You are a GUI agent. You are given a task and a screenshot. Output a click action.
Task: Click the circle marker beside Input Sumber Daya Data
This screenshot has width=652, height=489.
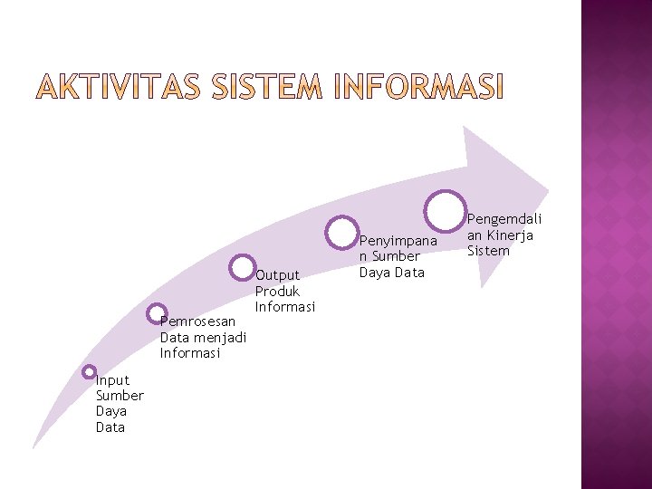[89, 371]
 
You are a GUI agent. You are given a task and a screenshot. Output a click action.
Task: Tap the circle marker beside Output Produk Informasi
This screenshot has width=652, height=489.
[243, 267]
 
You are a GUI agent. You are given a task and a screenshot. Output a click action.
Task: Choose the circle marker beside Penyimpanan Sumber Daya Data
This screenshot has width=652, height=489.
[343, 230]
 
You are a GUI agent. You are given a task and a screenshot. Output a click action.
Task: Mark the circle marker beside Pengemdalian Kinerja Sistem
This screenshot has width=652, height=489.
[446, 209]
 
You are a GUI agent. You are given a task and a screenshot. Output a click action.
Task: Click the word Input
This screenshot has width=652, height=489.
[112, 380]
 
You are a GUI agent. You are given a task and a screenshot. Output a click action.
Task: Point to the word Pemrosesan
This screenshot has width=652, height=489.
[197, 321]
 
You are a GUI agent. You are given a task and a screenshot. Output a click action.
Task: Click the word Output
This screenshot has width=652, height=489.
[277, 275]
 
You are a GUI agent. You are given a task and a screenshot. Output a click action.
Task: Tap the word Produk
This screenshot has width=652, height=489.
[277, 292]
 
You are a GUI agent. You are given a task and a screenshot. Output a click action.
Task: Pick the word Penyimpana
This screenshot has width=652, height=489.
[398, 241]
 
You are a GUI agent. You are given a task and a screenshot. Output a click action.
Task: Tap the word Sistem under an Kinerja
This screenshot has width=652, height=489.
[488, 251]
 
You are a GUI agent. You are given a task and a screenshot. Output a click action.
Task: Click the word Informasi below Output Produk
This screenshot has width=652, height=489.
[284, 307]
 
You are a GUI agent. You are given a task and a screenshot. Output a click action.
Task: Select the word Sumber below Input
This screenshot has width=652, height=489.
[120, 396]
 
